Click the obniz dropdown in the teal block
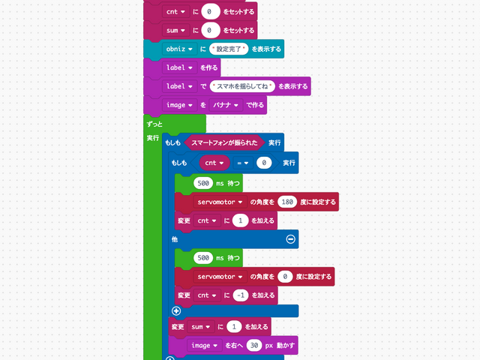coord(180,49)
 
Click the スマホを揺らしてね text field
coord(242,86)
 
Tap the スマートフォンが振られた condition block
coord(224,142)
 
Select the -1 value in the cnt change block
coord(240,295)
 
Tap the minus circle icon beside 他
coord(291,239)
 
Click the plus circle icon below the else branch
coord(176,310)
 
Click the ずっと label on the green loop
coord(155,123)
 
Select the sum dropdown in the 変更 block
coord(200,327)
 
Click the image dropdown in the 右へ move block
coord(205,345)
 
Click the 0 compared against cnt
coord(263,163)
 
